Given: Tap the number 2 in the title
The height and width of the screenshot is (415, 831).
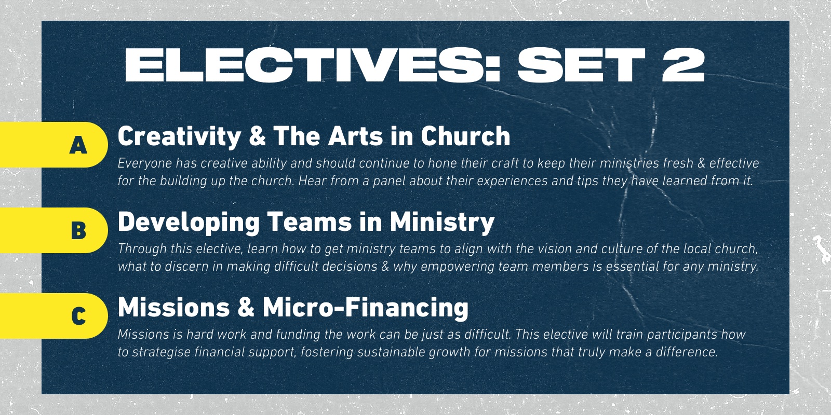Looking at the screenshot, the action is point(683,65).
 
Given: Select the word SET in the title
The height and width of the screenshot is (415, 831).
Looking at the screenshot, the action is point(581,65).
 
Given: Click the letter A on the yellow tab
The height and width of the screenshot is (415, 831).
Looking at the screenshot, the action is point(78,145).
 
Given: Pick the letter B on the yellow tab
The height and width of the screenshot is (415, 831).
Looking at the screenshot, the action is point(78,230).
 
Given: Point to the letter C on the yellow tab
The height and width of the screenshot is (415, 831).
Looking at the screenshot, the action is point(78,316).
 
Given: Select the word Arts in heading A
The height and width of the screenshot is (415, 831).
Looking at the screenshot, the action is point(355,136).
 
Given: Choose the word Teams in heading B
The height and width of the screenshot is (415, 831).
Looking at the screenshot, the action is point(310,222).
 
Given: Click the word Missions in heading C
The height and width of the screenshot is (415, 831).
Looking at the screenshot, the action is point(173,308).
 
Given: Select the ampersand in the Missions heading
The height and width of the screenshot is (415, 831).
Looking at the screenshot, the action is point(246,308).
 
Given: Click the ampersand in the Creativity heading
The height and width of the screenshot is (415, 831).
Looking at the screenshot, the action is point(258,136).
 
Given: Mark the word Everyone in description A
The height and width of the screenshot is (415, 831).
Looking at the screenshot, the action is point(145,163).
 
